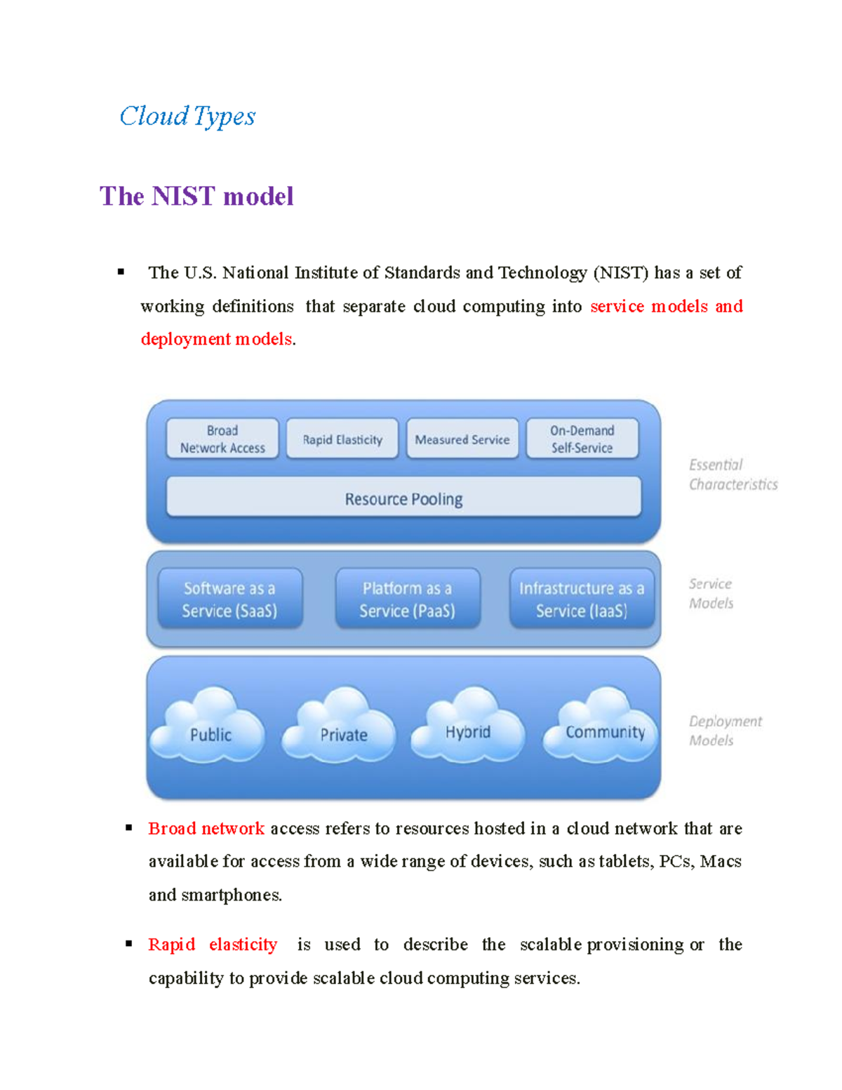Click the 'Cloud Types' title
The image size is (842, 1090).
(187, 117)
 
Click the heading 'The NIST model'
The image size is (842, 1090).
(196, 196)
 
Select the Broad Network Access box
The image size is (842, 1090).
(222, 439)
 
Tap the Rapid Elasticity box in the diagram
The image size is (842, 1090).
(342, 439)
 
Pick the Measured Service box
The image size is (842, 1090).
(462, 439)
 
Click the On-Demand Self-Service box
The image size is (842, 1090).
(582, 439)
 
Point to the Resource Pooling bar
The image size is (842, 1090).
(403, 498)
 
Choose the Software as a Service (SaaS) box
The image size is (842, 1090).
(229, 599)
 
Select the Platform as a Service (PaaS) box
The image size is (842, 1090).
(407, 599)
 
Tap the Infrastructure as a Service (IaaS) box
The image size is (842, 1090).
(582, 599)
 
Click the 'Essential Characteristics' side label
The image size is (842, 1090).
(733, 474)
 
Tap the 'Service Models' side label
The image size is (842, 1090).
(711, 594)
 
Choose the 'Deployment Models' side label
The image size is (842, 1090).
(725, 731)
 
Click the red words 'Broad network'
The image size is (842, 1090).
(206, 829)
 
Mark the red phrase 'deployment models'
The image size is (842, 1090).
(216, 339)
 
